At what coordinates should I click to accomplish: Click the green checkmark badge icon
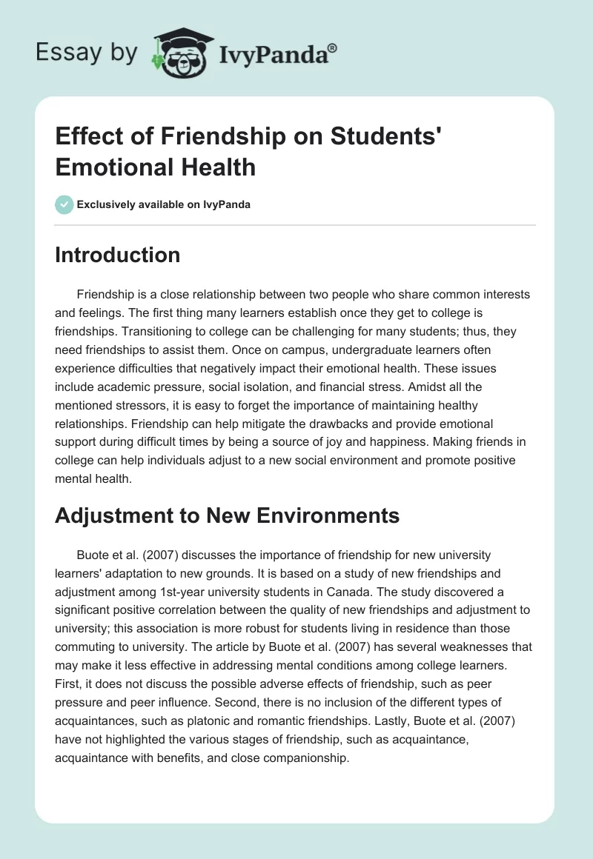click(64, 204)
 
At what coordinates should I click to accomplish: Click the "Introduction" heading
click(118, 255)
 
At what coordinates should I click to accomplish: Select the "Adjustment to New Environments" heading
click(227, 515)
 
